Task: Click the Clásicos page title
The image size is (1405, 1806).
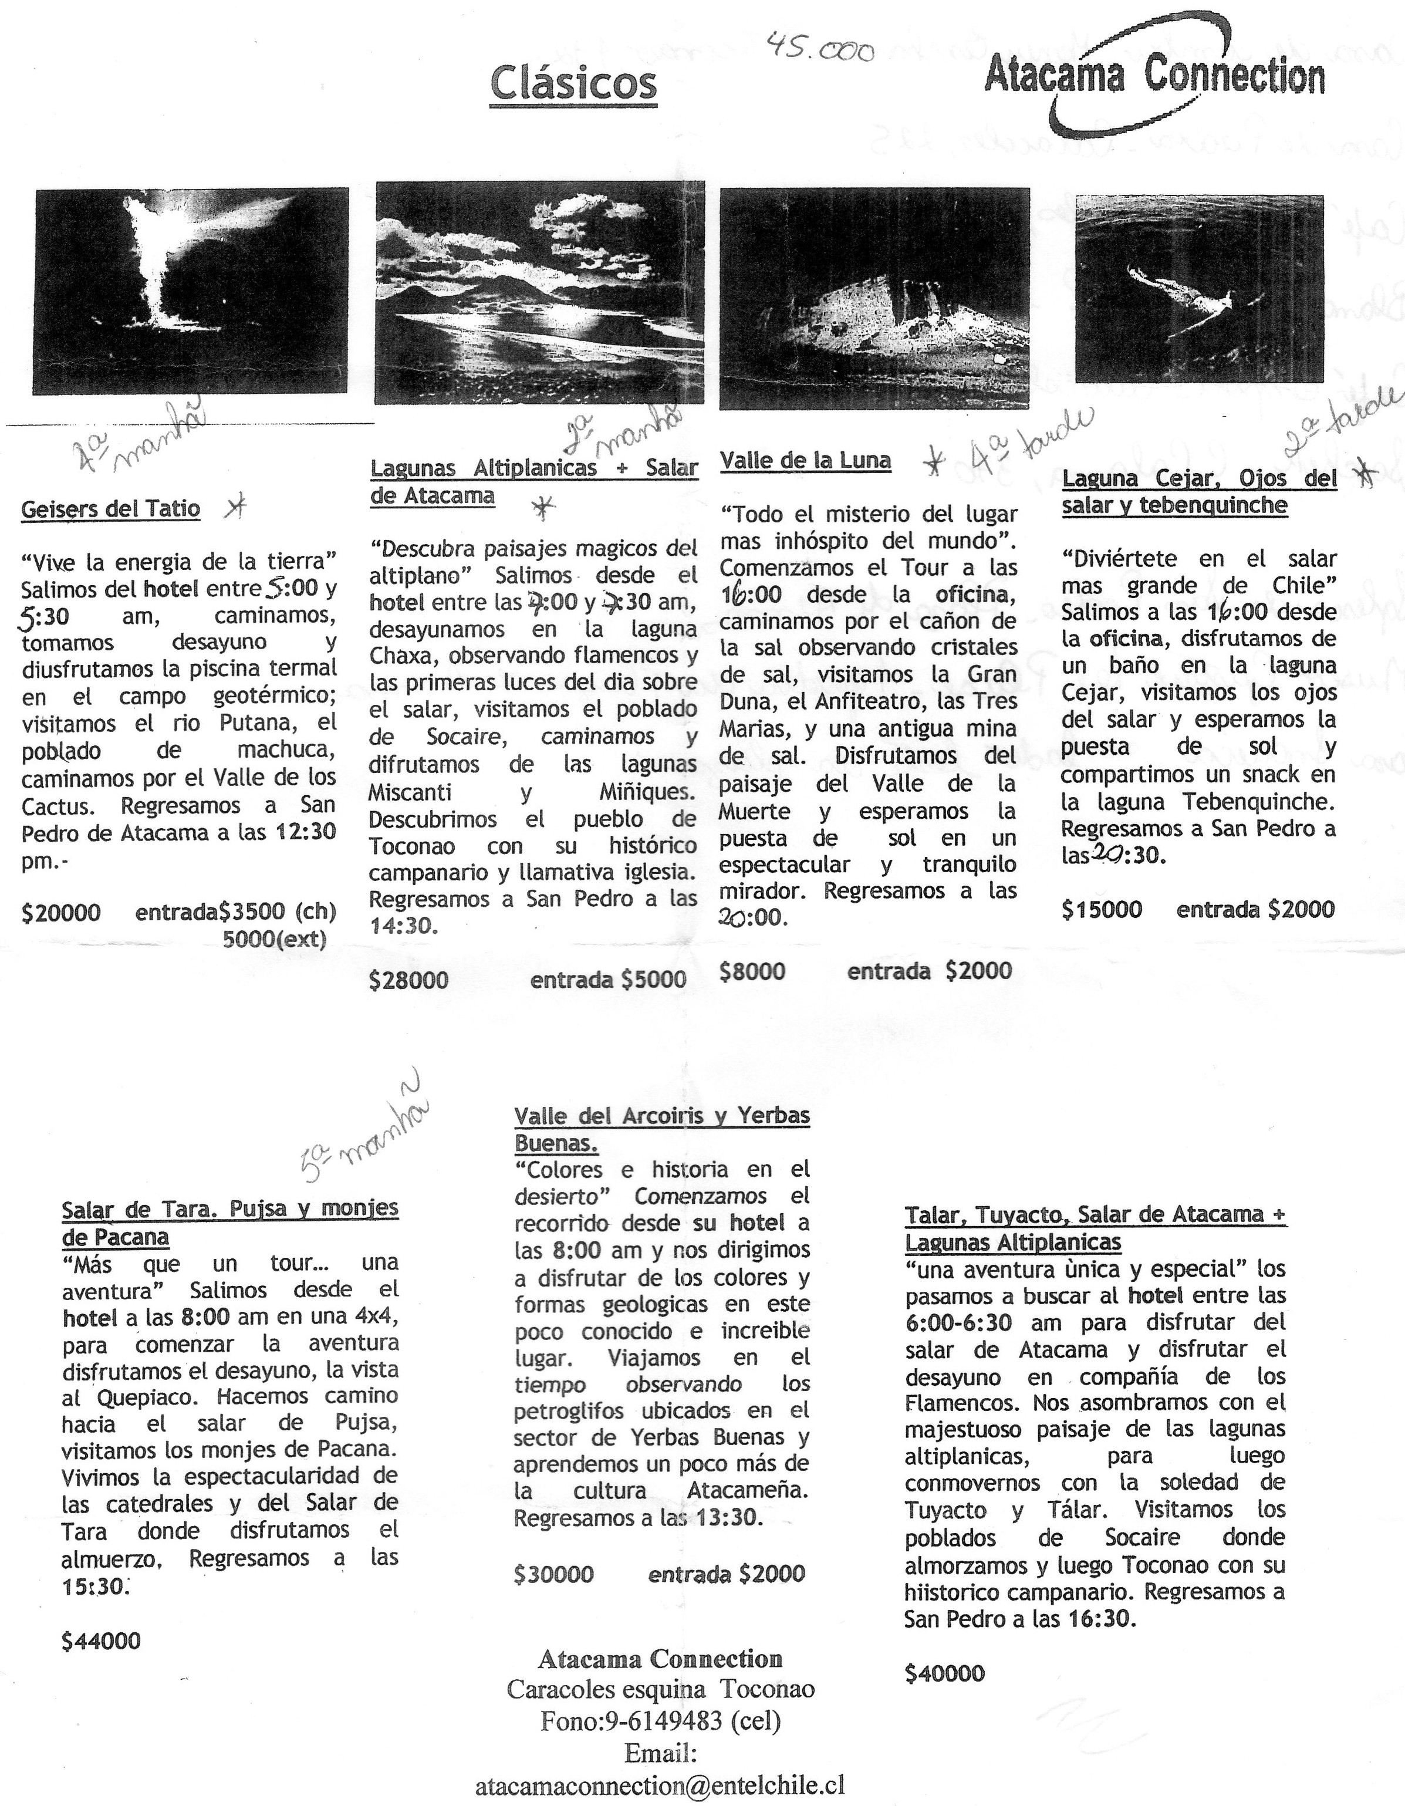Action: [x=573, y=83]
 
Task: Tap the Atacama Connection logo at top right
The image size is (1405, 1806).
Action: [x=1154, y=79]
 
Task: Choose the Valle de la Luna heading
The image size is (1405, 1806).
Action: [x=805, y=461]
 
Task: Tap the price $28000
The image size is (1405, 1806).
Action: [x=408, y=981]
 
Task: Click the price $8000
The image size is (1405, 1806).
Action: [x=752, y=971]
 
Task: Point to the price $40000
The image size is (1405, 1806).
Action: [x=944, y=1674]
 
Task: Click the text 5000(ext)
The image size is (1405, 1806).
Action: [x=275, y=939]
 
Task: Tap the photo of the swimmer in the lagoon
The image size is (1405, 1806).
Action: [x=1198, y=289]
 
